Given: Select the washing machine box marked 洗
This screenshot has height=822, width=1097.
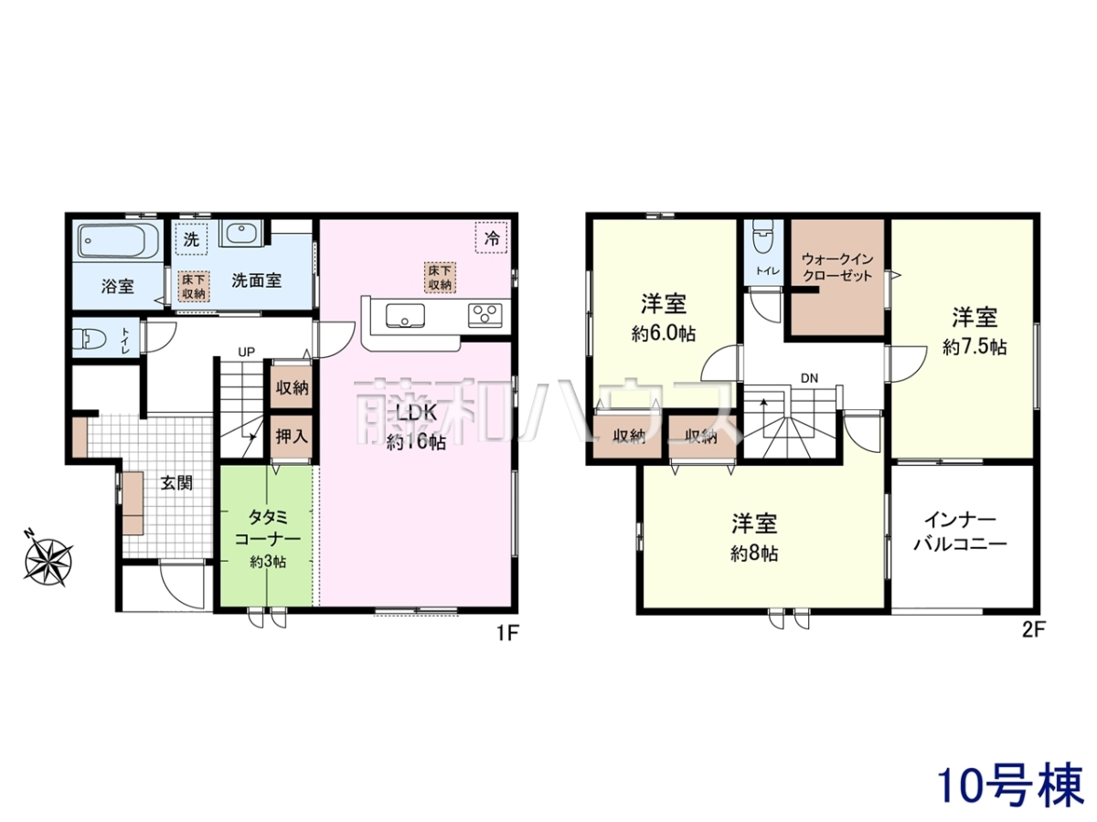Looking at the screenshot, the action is [x=191, y=239].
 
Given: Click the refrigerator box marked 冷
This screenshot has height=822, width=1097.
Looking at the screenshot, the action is [x=491, y=237].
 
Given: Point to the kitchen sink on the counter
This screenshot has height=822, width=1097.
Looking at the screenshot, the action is [x=405, y=315].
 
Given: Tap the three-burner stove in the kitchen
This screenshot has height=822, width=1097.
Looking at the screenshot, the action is [x=485, y=315].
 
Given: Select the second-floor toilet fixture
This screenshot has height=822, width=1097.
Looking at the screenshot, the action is [x=762, y=237].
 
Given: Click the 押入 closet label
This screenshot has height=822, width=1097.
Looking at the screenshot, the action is [x=292, y=437].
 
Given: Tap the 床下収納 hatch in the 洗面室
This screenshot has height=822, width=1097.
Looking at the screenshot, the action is [x=194, y=286].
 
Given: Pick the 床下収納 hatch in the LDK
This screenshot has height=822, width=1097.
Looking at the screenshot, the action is [x=440, y=278].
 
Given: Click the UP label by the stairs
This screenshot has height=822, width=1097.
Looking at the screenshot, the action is [x=247, y=352].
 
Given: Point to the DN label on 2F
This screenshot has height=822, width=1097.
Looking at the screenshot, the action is [x=809, y=378].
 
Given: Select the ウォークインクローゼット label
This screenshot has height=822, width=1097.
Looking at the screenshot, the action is [x=837, y=268].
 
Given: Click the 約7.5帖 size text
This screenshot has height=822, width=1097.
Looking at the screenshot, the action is [x=975, y=346].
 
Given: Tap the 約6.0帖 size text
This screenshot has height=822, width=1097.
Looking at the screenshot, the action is [x=663, y=333].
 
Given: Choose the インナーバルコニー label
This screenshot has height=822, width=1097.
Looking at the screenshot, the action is [x=960, y=532].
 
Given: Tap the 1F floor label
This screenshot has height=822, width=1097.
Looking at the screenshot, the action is [x=508, y=633].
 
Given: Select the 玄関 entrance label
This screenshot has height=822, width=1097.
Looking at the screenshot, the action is [x=176, y=482].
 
